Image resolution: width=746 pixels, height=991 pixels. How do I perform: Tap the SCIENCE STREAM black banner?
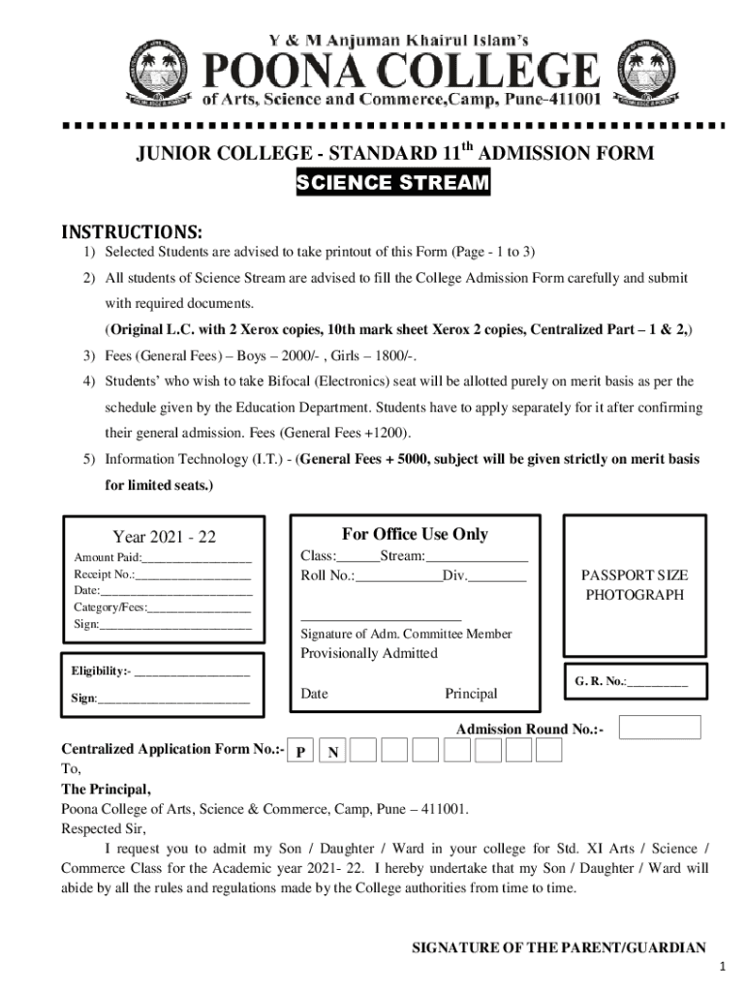tap(392, 184)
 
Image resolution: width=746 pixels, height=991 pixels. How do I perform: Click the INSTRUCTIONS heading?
tap(133, 232)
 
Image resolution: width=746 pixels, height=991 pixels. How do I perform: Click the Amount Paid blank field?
tap(197, 558)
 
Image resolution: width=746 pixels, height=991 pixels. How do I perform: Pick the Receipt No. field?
tap(193, 575)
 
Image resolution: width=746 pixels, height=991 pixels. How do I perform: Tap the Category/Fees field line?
tap(199, 608)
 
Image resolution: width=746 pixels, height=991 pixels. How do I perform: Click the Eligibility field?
tap(192, 672)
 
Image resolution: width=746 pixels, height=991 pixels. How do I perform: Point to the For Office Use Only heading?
tap(415, 534)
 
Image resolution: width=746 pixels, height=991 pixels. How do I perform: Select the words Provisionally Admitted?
tap(369, 653)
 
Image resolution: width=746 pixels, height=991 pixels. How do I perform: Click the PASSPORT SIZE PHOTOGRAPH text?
tap(635, 586)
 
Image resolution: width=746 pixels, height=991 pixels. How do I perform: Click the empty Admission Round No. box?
tap(659, 728)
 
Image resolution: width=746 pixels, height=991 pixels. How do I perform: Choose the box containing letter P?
tap(302, 751)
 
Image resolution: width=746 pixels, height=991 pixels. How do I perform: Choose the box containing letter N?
tap(333, 751)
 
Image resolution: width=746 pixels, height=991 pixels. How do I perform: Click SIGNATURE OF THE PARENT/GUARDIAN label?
tap(559, 948)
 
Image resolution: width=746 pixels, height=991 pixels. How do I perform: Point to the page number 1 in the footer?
tap(722, 969)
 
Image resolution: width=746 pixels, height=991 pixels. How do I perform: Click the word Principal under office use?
tap(471, 694)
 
